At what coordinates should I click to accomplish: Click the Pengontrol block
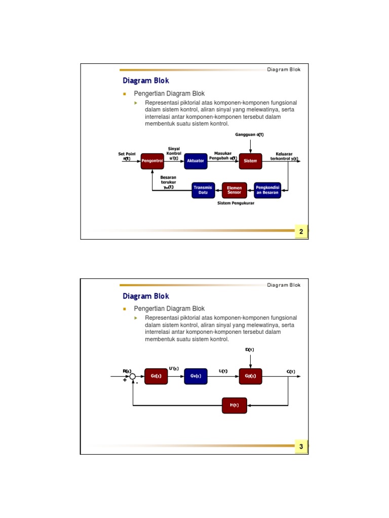(x=153, y=161)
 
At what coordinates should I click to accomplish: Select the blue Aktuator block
(x=195, y=161)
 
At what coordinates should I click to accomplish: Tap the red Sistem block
(x=250, y=161)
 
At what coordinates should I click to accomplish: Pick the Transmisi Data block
(x=203, y=190)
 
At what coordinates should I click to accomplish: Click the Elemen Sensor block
(x=235, y=190)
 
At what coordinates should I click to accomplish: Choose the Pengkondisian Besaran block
(x=267, y=190)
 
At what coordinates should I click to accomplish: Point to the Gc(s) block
(x=156, y=376)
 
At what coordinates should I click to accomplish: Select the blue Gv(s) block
(x=195, y=376)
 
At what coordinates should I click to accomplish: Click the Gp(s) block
(x=250, y=376)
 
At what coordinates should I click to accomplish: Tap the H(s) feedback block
(x=234, y=405)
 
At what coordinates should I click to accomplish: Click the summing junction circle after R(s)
(x=133, y=376)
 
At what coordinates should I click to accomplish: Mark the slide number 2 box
(x=301, y=232)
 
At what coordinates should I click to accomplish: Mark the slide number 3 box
(x=301, y=447)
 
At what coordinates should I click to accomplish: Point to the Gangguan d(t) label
(x=250, y=135)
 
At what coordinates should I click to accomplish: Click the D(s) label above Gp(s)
(x=250, y=350)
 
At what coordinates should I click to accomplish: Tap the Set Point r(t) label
(x=127, y=156)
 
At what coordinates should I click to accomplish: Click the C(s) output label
(x=291, y=371)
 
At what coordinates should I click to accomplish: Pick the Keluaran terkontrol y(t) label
(x=284, y=156)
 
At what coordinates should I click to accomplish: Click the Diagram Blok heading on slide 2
(x=146, y=81)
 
